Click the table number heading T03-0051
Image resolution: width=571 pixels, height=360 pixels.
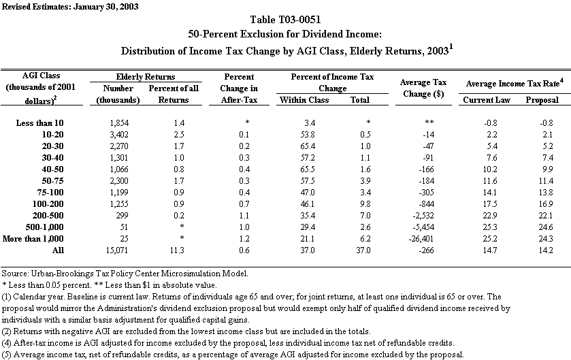(285, 20)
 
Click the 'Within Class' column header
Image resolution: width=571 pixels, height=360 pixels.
(304, 100)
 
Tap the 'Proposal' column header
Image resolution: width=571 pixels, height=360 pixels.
(542, 100)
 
